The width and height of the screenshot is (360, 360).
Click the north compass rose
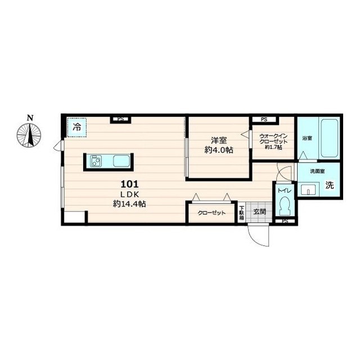(29, 135)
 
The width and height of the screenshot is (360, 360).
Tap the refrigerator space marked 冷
(76, 128)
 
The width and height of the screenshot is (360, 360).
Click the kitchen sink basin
(121, 161)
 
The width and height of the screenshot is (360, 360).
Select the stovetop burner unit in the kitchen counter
(96, 161)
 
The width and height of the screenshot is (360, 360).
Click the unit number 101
(129, 184)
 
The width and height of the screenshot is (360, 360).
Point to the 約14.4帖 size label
(129, 204)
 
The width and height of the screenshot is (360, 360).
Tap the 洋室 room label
(219, 141)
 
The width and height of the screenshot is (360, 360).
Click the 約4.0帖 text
(219, 150)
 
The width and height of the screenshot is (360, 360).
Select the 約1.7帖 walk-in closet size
(273, 147)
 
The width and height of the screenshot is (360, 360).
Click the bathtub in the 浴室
(330, 138)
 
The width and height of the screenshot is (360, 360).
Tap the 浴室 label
(307, 138)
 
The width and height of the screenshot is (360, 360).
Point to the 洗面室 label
(317, 171)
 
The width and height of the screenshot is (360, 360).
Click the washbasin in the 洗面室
(308, 190)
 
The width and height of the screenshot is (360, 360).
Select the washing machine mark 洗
(330, 185)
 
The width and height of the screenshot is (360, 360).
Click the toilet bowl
(285, 205)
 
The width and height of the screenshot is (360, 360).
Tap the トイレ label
(285, 190)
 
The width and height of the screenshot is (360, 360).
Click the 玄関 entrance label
(260, 211)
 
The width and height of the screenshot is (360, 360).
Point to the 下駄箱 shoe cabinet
(241, 213)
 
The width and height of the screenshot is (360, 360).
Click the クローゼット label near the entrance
(211, 213)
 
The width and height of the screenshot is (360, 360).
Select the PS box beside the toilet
(285, 221)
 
